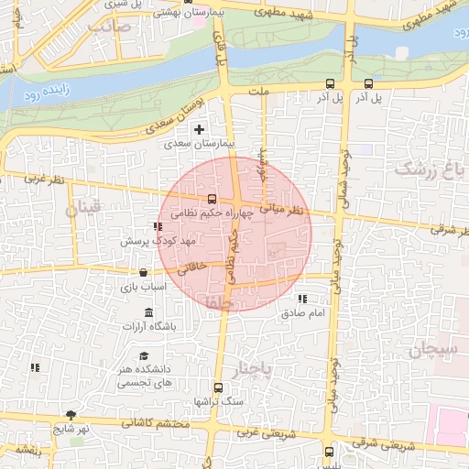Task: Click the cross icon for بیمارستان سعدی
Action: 199,130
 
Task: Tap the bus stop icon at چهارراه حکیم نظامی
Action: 213,199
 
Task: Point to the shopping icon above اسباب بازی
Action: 143,272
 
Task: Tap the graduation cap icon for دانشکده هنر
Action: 144,355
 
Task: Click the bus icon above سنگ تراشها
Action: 218,387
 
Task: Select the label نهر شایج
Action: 69,428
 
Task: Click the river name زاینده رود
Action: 43,95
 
